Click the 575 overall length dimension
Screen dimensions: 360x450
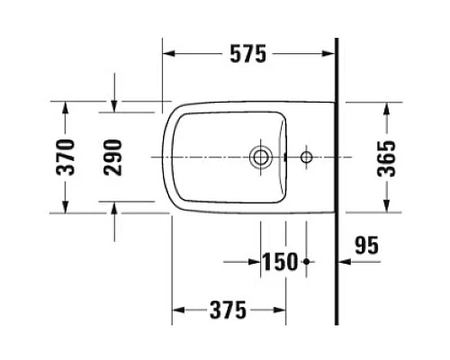point(247,55)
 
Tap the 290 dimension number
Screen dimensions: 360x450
point(114,157)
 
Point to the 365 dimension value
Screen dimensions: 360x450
point(387,158)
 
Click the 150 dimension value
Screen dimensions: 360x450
point(280,262)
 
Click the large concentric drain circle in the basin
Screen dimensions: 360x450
point(261,158)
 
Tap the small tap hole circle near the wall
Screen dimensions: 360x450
point(306,158)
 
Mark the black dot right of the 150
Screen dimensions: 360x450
point(307,262)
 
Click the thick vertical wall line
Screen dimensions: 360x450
point(336,180)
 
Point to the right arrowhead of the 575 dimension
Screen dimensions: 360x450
point(328,55)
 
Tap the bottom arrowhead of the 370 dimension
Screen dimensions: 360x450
point(64,208)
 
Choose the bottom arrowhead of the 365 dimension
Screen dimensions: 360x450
point(387,207)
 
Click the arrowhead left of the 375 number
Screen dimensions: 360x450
point(178,310)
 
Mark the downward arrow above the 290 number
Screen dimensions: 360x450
point(114,107)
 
